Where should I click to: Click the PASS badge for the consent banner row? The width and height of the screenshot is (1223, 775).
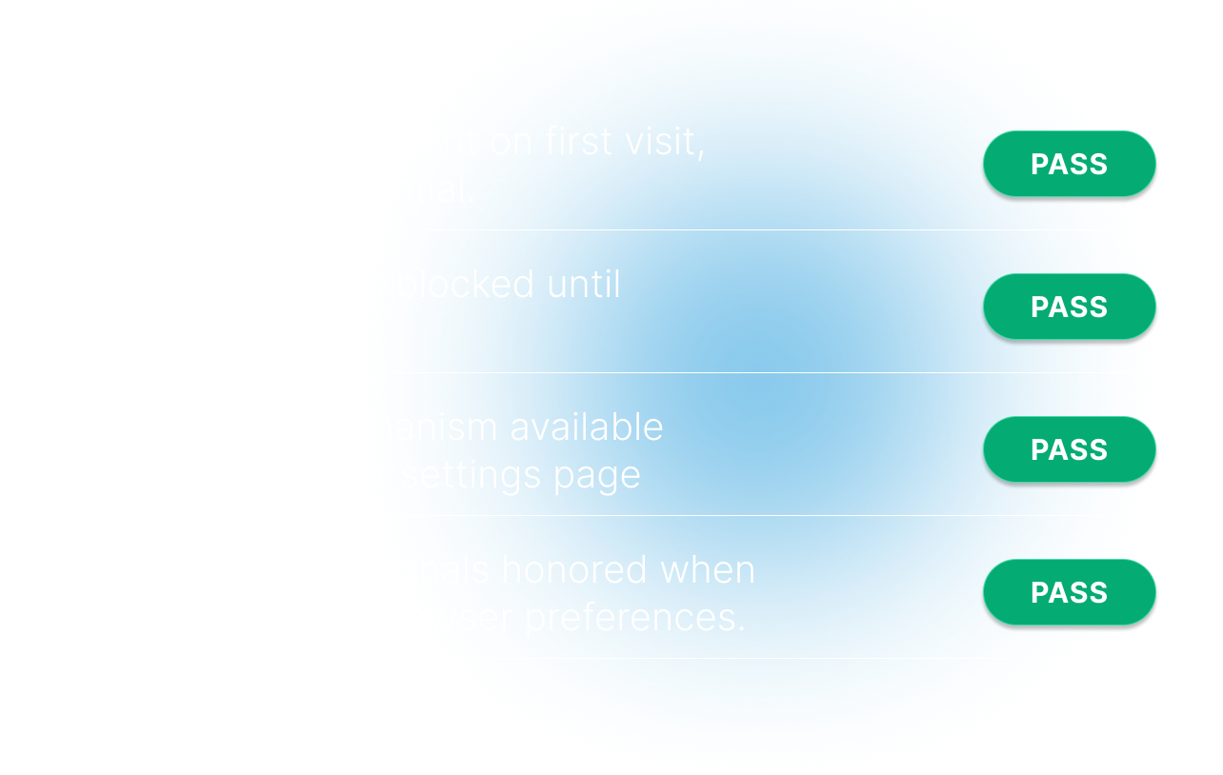coord(1069,165)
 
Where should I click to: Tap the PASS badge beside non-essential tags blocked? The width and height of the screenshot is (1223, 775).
coord(1069,308)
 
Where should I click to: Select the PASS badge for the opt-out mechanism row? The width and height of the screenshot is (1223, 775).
coord(1069,450)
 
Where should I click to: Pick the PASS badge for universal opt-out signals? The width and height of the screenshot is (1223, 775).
coord(1069,593)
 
